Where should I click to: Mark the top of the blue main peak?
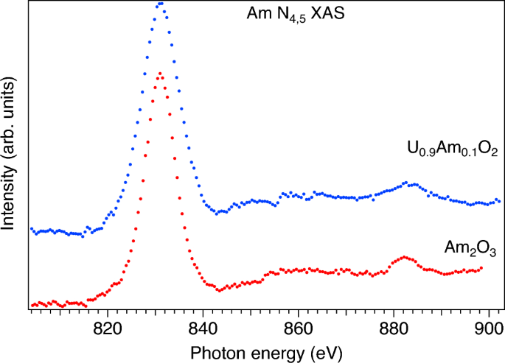click(x=160, y=4)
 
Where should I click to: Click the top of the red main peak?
click(x=160, y=73)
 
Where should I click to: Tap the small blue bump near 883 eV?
click(x=405, y=182)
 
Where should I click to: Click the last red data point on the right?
click(x=481, y=268)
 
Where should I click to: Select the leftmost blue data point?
click(x=31, y=229)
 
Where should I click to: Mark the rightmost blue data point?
click(x=500, y=200)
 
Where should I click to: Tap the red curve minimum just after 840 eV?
click(x=219, y=289)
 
